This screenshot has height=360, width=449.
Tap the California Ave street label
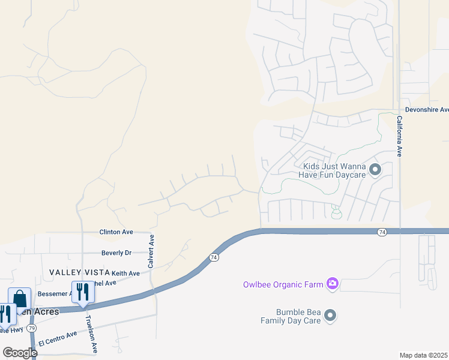coord(399,137)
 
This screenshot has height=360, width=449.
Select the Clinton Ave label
coord(116,232)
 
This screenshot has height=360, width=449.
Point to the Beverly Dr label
coord(116,253)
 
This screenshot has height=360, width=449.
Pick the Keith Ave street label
coord(125,273)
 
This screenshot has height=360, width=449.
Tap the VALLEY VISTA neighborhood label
coord(79,272)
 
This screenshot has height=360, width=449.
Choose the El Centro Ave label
coord(58,338)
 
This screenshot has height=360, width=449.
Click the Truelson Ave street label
coord(91,334)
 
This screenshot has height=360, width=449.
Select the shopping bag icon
coord(19,298)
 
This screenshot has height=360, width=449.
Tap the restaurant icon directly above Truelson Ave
coord(83,292)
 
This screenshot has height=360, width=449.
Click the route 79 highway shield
coord(31,328)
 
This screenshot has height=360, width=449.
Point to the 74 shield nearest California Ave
coord(382,232)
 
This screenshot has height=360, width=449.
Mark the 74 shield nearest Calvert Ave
coord(214,257)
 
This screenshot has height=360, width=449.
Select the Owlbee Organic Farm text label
coord(282,284)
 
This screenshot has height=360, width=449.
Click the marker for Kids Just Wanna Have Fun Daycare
coord(375,170)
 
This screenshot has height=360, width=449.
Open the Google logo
coord(20,352)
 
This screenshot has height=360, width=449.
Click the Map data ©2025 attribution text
coord(423,355)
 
